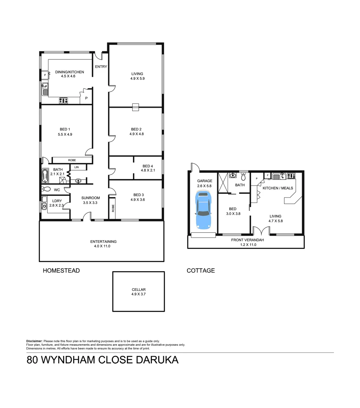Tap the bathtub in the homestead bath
[x=45, y=176]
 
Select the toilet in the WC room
[x=46, y=189]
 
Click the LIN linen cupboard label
[x=76, y=167]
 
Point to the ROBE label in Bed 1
[x=72, y=160]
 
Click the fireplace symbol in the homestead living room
[x=136, y=107]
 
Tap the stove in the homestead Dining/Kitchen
[x=63, y=100]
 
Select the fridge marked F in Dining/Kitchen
[x=45, y=75]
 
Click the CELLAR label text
[x=139, y=289]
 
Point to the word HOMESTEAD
[x=61, y=270]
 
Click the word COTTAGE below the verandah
[x=201, y=270]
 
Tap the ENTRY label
[x=101, y=67]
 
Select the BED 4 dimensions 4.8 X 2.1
[x=147, y=170]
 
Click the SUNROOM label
[x=90, y=198]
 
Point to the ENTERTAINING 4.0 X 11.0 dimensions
[x=103, y=246]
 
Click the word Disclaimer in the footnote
[x=34, y=341]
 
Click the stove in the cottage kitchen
[x=291, y=176]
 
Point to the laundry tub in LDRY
[x=44, y=206]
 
